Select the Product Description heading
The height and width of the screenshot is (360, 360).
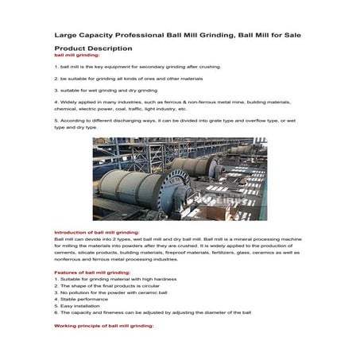tap(92, 48)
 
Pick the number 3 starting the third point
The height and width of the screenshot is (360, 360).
tap(55, 91)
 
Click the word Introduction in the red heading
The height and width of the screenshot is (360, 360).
tap(71, 233)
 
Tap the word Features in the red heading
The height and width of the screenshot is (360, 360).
tap(65, 272)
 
